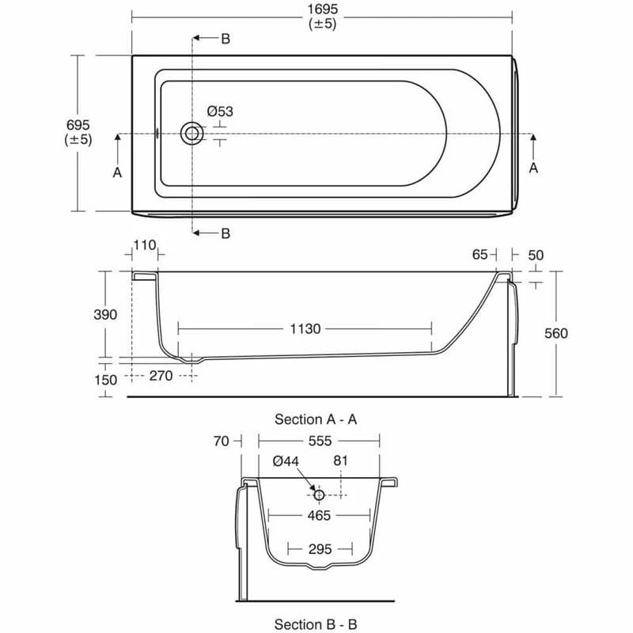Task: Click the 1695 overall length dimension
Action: [x=322, y=9]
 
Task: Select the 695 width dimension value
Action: [x=78, y=125]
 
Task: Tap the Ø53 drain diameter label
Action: [x=220, y=112]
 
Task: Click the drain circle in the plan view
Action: [x=191, y=134]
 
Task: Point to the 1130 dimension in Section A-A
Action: [x=305, y=328]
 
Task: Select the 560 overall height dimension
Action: [x=556, y=333]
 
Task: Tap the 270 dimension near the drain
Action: [x=161, y=376]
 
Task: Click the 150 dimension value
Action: [x=104, y=380]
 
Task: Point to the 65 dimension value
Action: [x=479, y=254]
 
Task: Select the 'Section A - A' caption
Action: [x=316, y=419]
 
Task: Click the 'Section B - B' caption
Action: [x=316, y=624]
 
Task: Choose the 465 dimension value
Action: [x=319, y=514]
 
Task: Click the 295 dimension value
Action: [x=319, y=548]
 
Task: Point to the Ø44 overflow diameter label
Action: [x=285, y=461]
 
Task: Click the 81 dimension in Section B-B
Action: [x=341, y=461]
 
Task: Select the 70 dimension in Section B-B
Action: [x=221, y=441]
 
